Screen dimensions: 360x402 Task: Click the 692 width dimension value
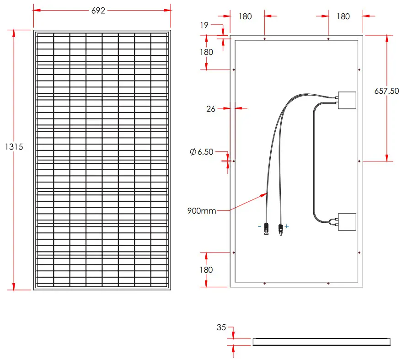click(x=98, y=10)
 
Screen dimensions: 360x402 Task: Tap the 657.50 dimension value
click(x=386, y=91)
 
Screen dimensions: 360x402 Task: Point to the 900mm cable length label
click(x=201, y=211)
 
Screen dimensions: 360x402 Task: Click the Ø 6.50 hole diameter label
click(x=202, y=152)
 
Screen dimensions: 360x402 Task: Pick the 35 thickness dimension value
click(x=221, y=328)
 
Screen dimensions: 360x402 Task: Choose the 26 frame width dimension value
click(x=211, y=109)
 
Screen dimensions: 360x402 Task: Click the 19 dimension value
click(x=204, y=25)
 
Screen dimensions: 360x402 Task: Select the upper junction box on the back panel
click(x=346, y=100)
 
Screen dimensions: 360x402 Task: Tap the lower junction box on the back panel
click(x=346, y=222)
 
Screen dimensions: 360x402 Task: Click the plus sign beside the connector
click(x=287, y=226)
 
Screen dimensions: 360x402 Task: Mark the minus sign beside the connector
click(x=259, y=226)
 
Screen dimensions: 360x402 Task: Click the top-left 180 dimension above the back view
click(x=246, y=16)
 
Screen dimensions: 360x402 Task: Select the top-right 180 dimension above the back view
click(x=343, y=16)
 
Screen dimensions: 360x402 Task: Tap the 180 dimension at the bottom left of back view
click(x=206, y=270)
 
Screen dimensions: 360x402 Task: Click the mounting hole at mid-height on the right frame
click(x=360, y=161)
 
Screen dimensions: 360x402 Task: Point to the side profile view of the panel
click(x=322, y=342)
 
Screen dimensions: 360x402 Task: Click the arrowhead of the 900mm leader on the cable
click(x=267, y=193)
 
